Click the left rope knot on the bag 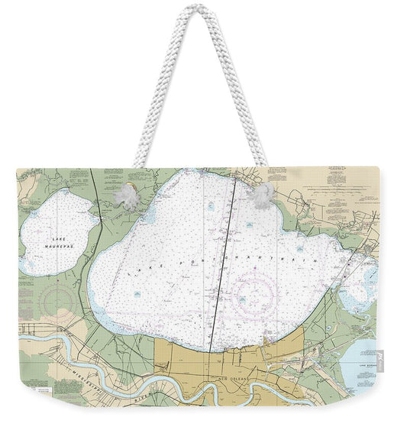[126, 197]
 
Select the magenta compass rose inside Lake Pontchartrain [254, 294]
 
